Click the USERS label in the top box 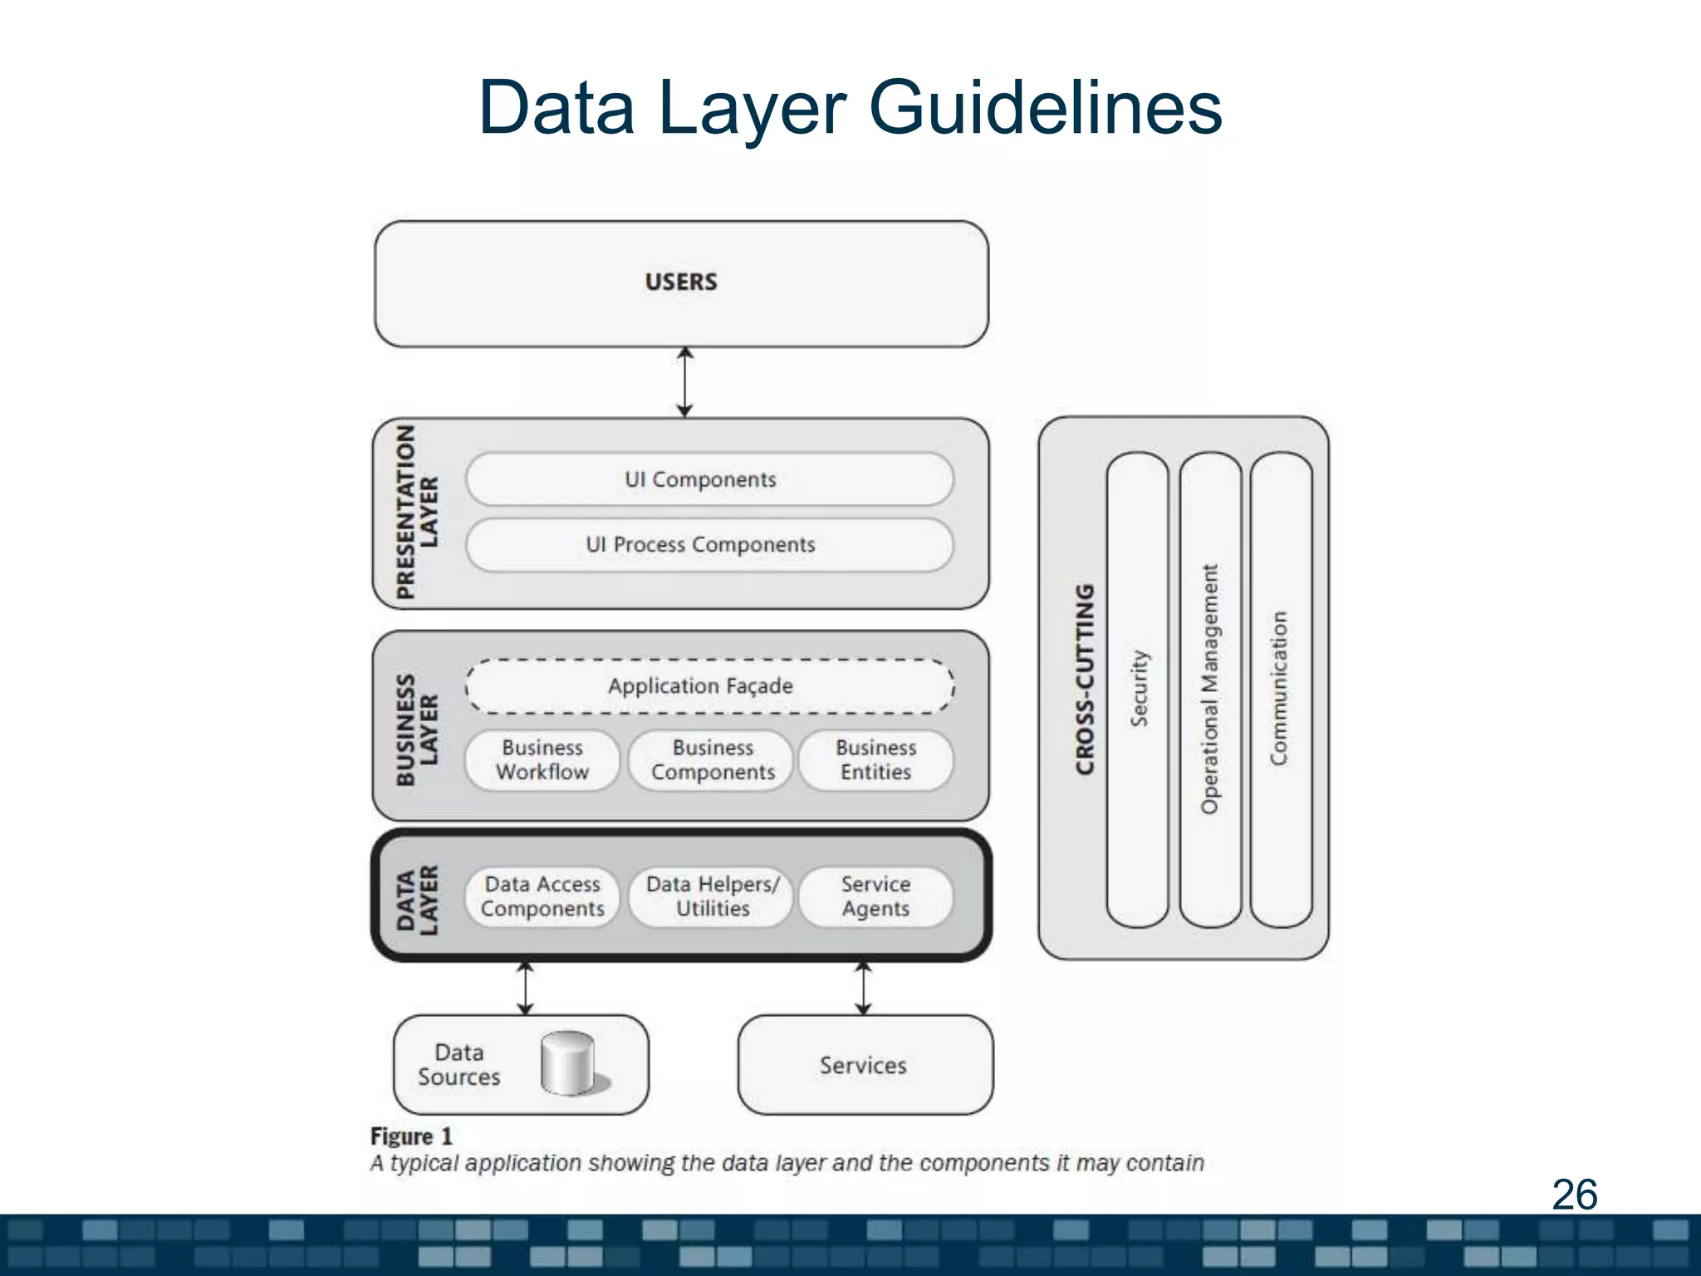pos(681,282)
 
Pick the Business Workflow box pos(542,760)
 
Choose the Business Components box pos(712,760)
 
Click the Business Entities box pos(875,760)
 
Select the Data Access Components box pos(542,897)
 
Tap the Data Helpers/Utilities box pos(712,897)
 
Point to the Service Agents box pos(875,897)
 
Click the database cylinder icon pos(569,1064)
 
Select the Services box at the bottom pos(864,1065)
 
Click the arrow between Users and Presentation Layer pos(684,382)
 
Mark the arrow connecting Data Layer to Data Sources pos(525,989)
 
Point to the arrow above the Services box pos(863,989)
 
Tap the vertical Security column pos(1138,690)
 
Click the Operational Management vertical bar pos(1210,690)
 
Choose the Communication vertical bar pos(1280,690)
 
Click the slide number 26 pos(1574,1195)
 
